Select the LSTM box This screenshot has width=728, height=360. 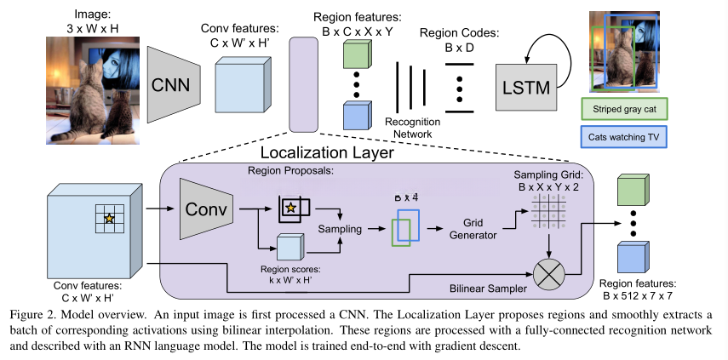(x=525, y=87)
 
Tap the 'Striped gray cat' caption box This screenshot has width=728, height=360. (x=623, y=108)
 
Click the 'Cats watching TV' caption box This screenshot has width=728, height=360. (x=623, y=135)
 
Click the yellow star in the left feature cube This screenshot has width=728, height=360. (x=108, y=220)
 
